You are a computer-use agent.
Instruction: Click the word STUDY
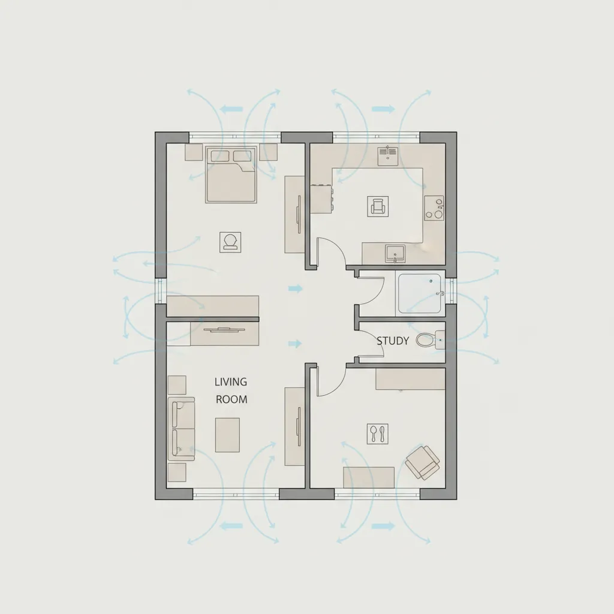[393, 341]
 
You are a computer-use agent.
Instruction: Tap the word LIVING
[231, 381]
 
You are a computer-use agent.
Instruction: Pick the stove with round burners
[435, 207]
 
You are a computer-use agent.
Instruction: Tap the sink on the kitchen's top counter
[387, 155]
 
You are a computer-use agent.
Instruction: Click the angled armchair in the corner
[423, 462]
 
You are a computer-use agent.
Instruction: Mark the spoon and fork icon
[377, 434]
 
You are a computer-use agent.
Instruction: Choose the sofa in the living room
[181, 428]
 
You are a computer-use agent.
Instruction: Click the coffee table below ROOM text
[227, 434]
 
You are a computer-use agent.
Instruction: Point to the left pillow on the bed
[219, 156]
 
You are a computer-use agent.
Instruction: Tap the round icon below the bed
[230, 242]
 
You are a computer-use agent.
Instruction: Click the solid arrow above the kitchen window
[384, 109]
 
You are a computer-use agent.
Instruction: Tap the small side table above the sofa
[177, 384]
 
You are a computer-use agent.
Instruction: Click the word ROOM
[231, 399]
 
